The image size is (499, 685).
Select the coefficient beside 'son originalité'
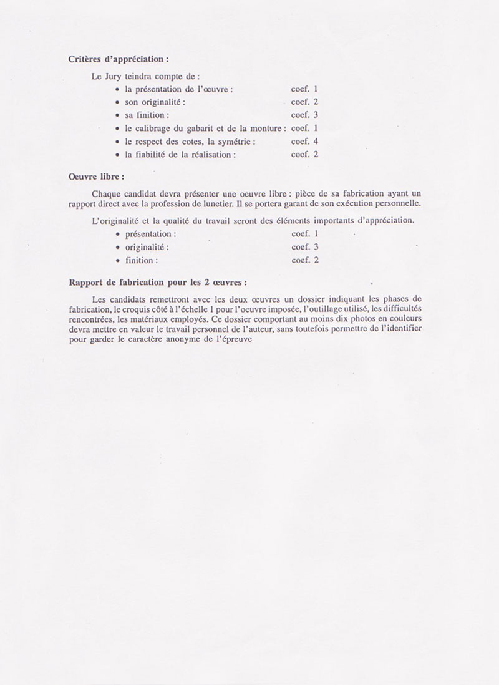(x=305, y=102)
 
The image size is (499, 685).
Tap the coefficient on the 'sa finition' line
(x=305, y=115)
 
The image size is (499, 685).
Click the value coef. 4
(x=305, y=142)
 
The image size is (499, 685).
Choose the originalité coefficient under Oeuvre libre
(x=305, y=247)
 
